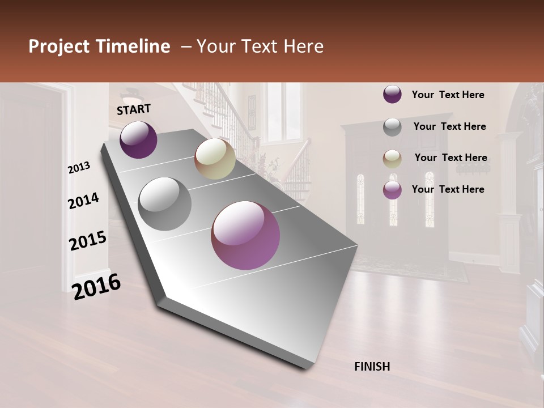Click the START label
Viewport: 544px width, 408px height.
click(x=134, y=109)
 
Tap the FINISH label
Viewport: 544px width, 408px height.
click(x=372, y=367)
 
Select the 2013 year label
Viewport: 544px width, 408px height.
click(x=79, y=168)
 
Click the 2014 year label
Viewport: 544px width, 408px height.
click(x=83, y=201)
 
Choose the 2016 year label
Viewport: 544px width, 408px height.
click(x=96, y=287)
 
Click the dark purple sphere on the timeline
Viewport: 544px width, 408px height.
click(x=138, y=139)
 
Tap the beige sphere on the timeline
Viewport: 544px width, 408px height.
click(x=215, y=159)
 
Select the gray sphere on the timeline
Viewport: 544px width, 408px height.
click(x=165, y=204)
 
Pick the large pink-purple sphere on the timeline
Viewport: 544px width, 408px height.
click(x=245, y=235)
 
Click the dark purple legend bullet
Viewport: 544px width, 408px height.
click(x=392, y=95)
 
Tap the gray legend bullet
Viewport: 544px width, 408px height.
click(x=392, y=127)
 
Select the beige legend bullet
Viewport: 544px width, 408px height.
click(x=392, y=159)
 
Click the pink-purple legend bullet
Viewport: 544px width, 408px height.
click(x=392, y=190)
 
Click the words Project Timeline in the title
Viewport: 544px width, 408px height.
click(x=99, y=46)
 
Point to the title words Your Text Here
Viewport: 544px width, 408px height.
click(x=260, y=46)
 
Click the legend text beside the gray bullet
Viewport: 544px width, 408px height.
click(x=450, y=126)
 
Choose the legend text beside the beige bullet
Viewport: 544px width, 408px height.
click(x=451, y=158)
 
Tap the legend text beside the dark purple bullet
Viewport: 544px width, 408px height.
click(x=448, y=95)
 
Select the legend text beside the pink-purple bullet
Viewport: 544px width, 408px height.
click(x=448, y=189)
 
